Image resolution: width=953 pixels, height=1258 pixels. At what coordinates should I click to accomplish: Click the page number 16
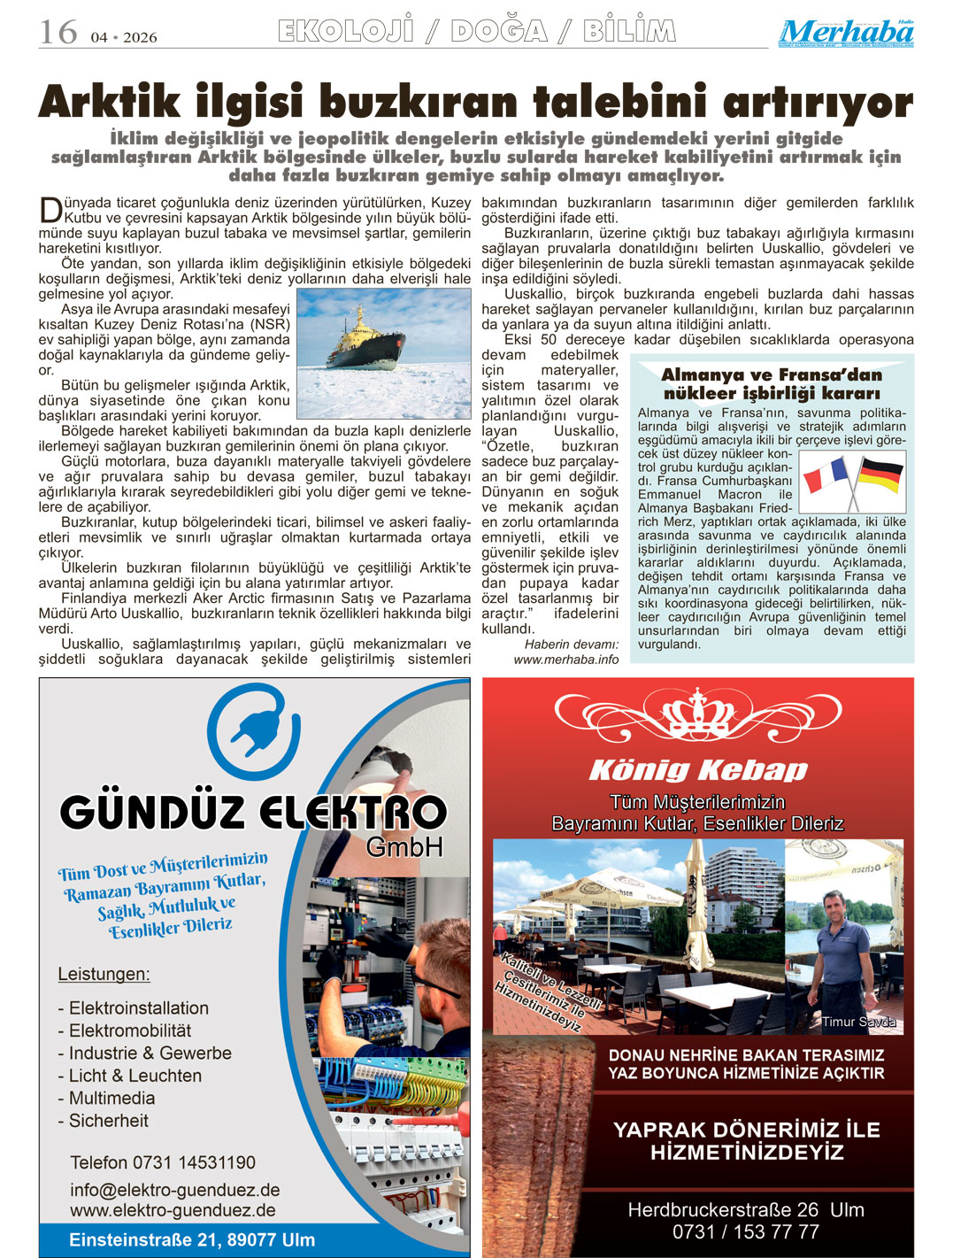coord(58,33)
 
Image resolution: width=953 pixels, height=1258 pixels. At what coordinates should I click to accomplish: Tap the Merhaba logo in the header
coord(846,34)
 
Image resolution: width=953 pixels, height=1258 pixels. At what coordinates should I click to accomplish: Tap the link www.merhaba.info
coord(566,659)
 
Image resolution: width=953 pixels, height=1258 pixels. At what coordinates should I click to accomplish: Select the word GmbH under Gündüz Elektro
coord(403,847)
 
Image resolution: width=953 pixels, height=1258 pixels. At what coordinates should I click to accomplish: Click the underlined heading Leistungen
coord(104,974)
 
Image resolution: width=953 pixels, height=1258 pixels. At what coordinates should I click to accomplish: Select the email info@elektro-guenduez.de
coord(175,1190)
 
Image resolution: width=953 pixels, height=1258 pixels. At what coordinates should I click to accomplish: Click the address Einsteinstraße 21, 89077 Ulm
coord(192,1239)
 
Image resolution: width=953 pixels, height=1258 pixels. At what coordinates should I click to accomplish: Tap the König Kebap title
coord(698,769)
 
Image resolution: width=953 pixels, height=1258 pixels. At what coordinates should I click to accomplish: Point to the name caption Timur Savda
coord(858,1022)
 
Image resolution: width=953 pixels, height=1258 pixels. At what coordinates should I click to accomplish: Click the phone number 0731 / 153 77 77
coord(745,1231)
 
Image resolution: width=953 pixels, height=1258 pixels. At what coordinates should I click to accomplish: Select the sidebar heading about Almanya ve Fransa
coord(772,383)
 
